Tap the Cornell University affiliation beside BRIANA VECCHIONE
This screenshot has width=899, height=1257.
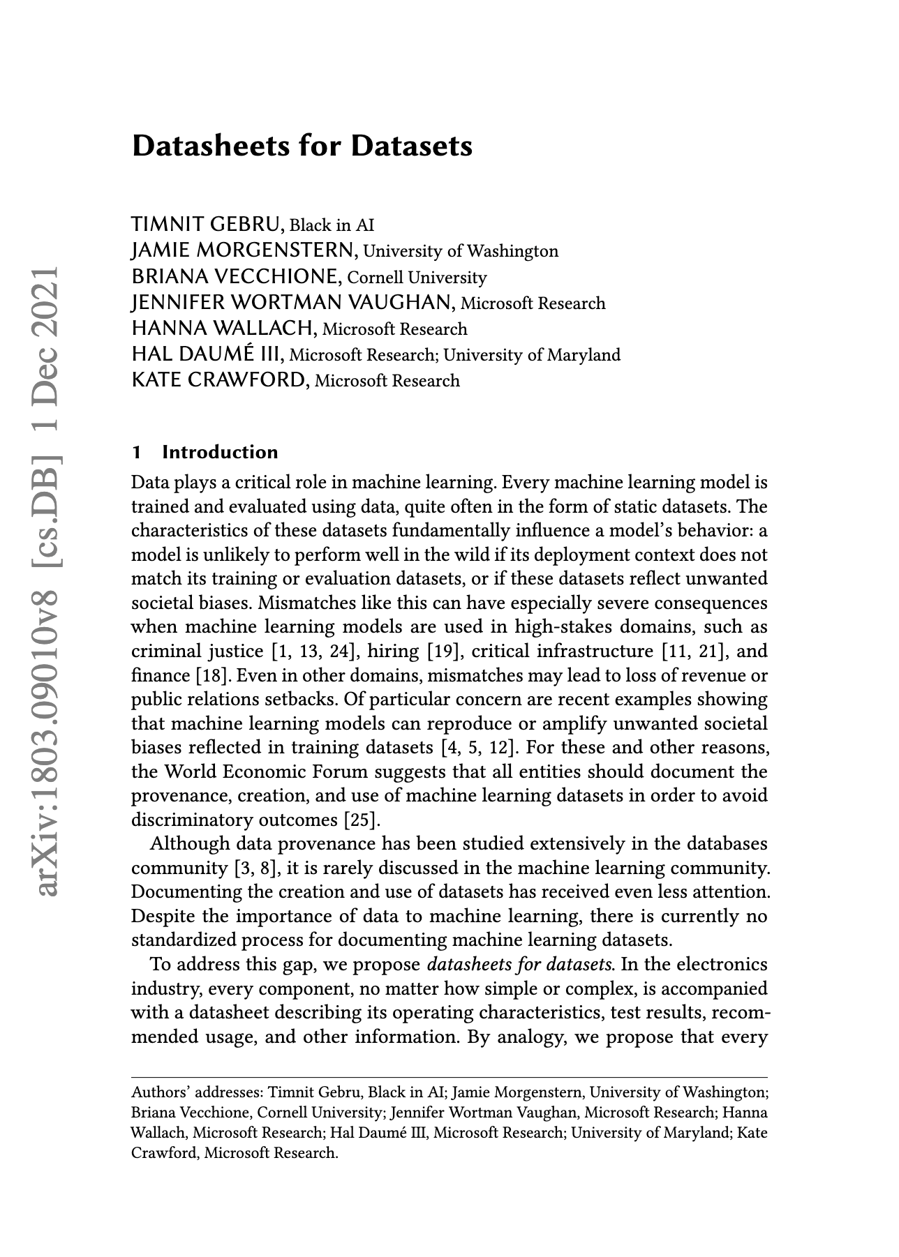(x=417, y=278)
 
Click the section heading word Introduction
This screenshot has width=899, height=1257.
(x=220, y=452)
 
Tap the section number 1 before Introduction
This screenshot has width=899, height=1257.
(x=137, y=452)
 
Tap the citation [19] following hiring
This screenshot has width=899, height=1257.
(x=443, y=652)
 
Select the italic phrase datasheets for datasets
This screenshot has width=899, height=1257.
(x=521, y=965)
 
